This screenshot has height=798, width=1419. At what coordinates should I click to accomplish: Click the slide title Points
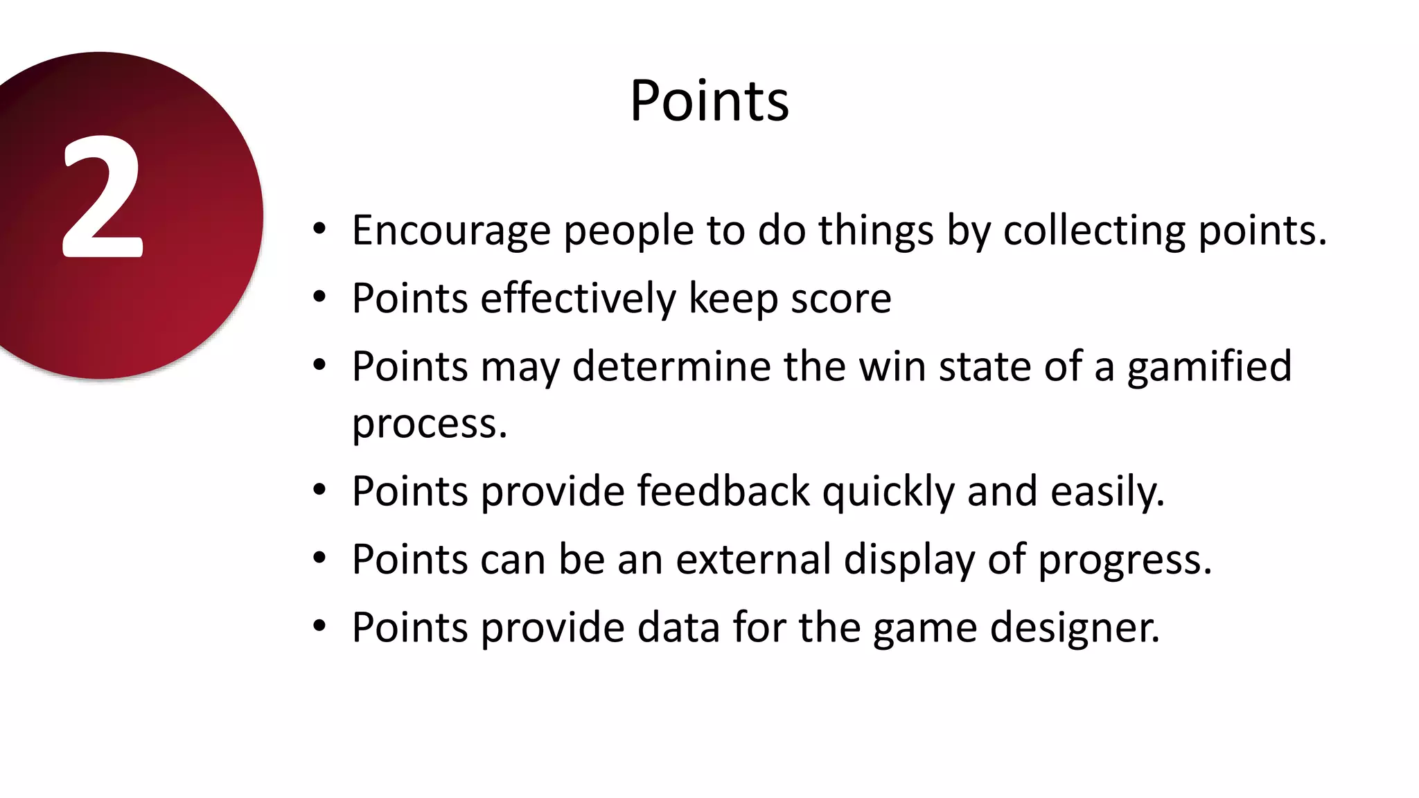click(709, 101)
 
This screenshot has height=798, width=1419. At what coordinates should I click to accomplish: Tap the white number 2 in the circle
click(103, 197)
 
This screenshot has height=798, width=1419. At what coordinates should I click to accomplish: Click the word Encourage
click(450, 231)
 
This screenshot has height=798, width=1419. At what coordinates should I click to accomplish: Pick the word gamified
click(1209, 367)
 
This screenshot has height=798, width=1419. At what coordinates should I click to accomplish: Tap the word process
click(429, 424)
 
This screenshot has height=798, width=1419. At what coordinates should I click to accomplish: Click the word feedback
click(723, 491)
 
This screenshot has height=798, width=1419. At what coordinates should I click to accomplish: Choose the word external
click(753, 559)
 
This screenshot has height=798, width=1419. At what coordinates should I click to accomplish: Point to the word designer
click(1075, 628)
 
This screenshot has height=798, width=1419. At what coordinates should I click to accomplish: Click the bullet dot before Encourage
click(319, 229)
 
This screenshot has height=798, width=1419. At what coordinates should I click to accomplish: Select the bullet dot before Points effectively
click(319, 297)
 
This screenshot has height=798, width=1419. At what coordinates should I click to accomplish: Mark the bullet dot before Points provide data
click(319, 626)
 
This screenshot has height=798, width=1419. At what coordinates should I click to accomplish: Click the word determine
click(671, 366)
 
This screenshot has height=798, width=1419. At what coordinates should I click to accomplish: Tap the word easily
click(1107, 493)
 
